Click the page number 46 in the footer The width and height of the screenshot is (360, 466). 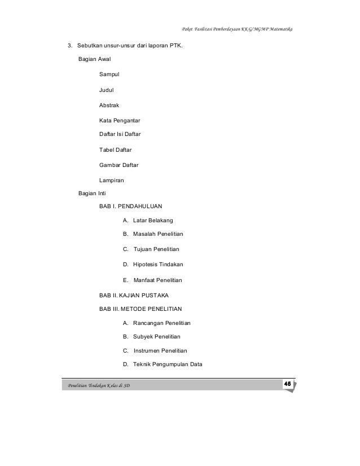click(x=287, y=384)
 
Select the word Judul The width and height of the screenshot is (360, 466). click(x=106, y=89)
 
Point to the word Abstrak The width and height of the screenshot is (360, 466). click(x=109, y=105)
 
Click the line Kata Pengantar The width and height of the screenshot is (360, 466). click(x=120, y=120)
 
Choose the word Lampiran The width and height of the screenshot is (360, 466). click(x=112, y=181)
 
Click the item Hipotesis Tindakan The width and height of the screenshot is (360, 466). click(x=158, y=264)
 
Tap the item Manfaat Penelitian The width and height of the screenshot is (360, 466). click(x=158, y=280)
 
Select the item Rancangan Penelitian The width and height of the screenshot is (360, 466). click(x=162, y=323)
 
